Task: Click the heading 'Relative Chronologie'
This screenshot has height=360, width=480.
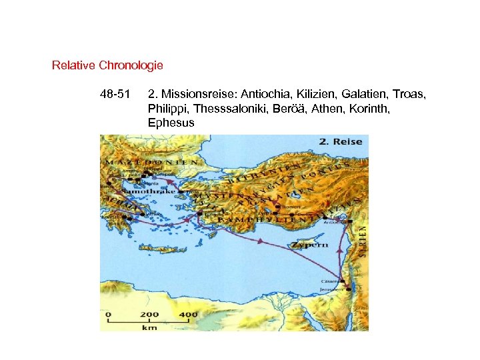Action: (x=107, y=66)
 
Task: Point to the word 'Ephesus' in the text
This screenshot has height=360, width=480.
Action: (x=171, y=123)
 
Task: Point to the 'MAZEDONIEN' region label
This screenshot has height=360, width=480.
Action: (x=151, y=162)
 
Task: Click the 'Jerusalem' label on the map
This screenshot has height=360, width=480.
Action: (x=334, y=290)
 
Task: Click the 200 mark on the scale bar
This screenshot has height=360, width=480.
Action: (x=149, y=315)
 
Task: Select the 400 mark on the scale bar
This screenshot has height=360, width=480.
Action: (x=188, y=315)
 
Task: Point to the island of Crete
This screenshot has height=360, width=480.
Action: (x=164, y=250)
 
